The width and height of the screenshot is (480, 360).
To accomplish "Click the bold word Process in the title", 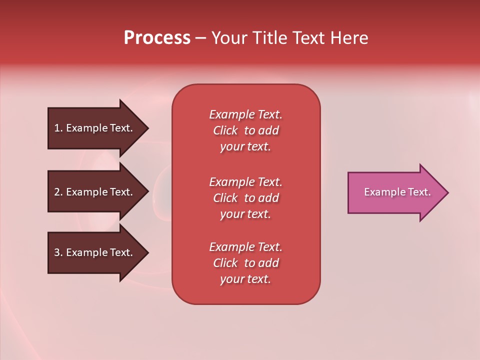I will [x=157, y=38].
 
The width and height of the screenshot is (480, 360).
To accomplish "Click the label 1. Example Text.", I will [x=93, y=128].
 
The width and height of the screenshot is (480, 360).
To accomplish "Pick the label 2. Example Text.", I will [x=93, y=192].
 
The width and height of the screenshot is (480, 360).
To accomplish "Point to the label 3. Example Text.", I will [x=93, y=252].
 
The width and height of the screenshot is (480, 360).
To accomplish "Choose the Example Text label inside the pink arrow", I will [x=397, y=192].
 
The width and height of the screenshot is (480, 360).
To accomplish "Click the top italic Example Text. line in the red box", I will [x=245, y=114].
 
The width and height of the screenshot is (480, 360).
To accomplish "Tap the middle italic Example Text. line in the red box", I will [x=245, y=182].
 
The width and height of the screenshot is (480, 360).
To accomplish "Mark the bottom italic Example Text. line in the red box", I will [x=245, y=247].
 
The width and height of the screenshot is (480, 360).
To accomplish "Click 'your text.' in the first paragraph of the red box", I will [x=245, y=147].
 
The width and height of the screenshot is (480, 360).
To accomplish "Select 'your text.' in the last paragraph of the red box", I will [x=245, y=279].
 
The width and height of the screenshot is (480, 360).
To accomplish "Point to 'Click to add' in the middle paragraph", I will [x=245, y=198].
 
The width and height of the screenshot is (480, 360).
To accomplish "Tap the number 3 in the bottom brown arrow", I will [x=57, y=252].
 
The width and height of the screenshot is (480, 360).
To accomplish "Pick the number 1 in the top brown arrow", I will [x=57, y=128].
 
